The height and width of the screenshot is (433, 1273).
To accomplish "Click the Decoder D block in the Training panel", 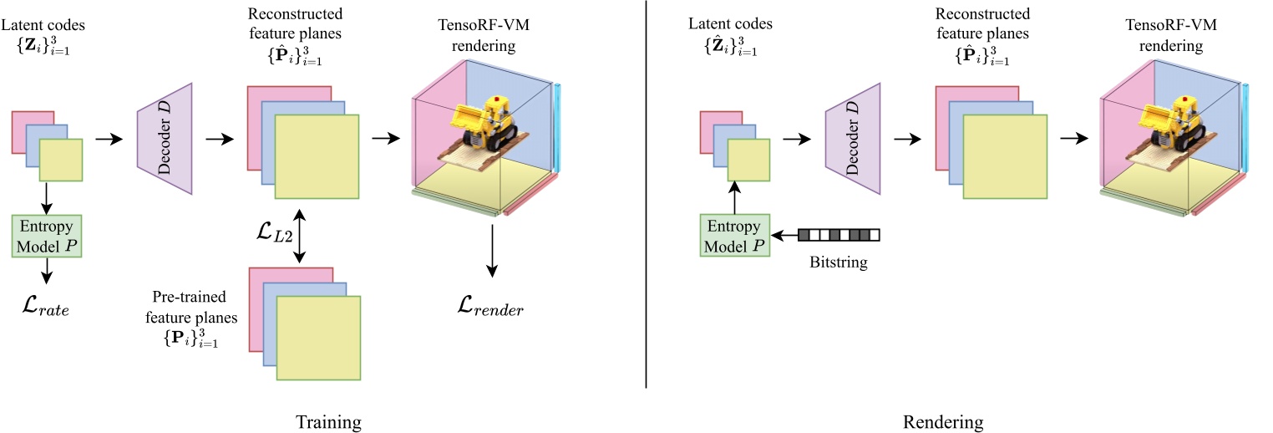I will coord(164,139).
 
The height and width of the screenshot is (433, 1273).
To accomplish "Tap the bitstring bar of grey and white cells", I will coord(839,235).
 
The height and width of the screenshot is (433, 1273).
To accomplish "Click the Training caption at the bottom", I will coord(328,422).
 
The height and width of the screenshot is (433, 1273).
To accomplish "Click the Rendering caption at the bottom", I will coord(943,422).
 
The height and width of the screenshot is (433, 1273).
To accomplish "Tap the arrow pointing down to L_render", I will coord(492,259).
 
